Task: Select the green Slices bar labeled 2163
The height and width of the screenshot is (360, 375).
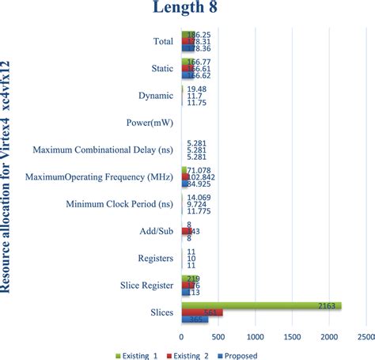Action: (x=261, y=305)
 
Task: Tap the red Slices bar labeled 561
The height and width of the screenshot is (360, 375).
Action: (x=203, y=313)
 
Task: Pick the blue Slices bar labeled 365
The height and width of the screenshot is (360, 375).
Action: (x=195, y=320)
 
